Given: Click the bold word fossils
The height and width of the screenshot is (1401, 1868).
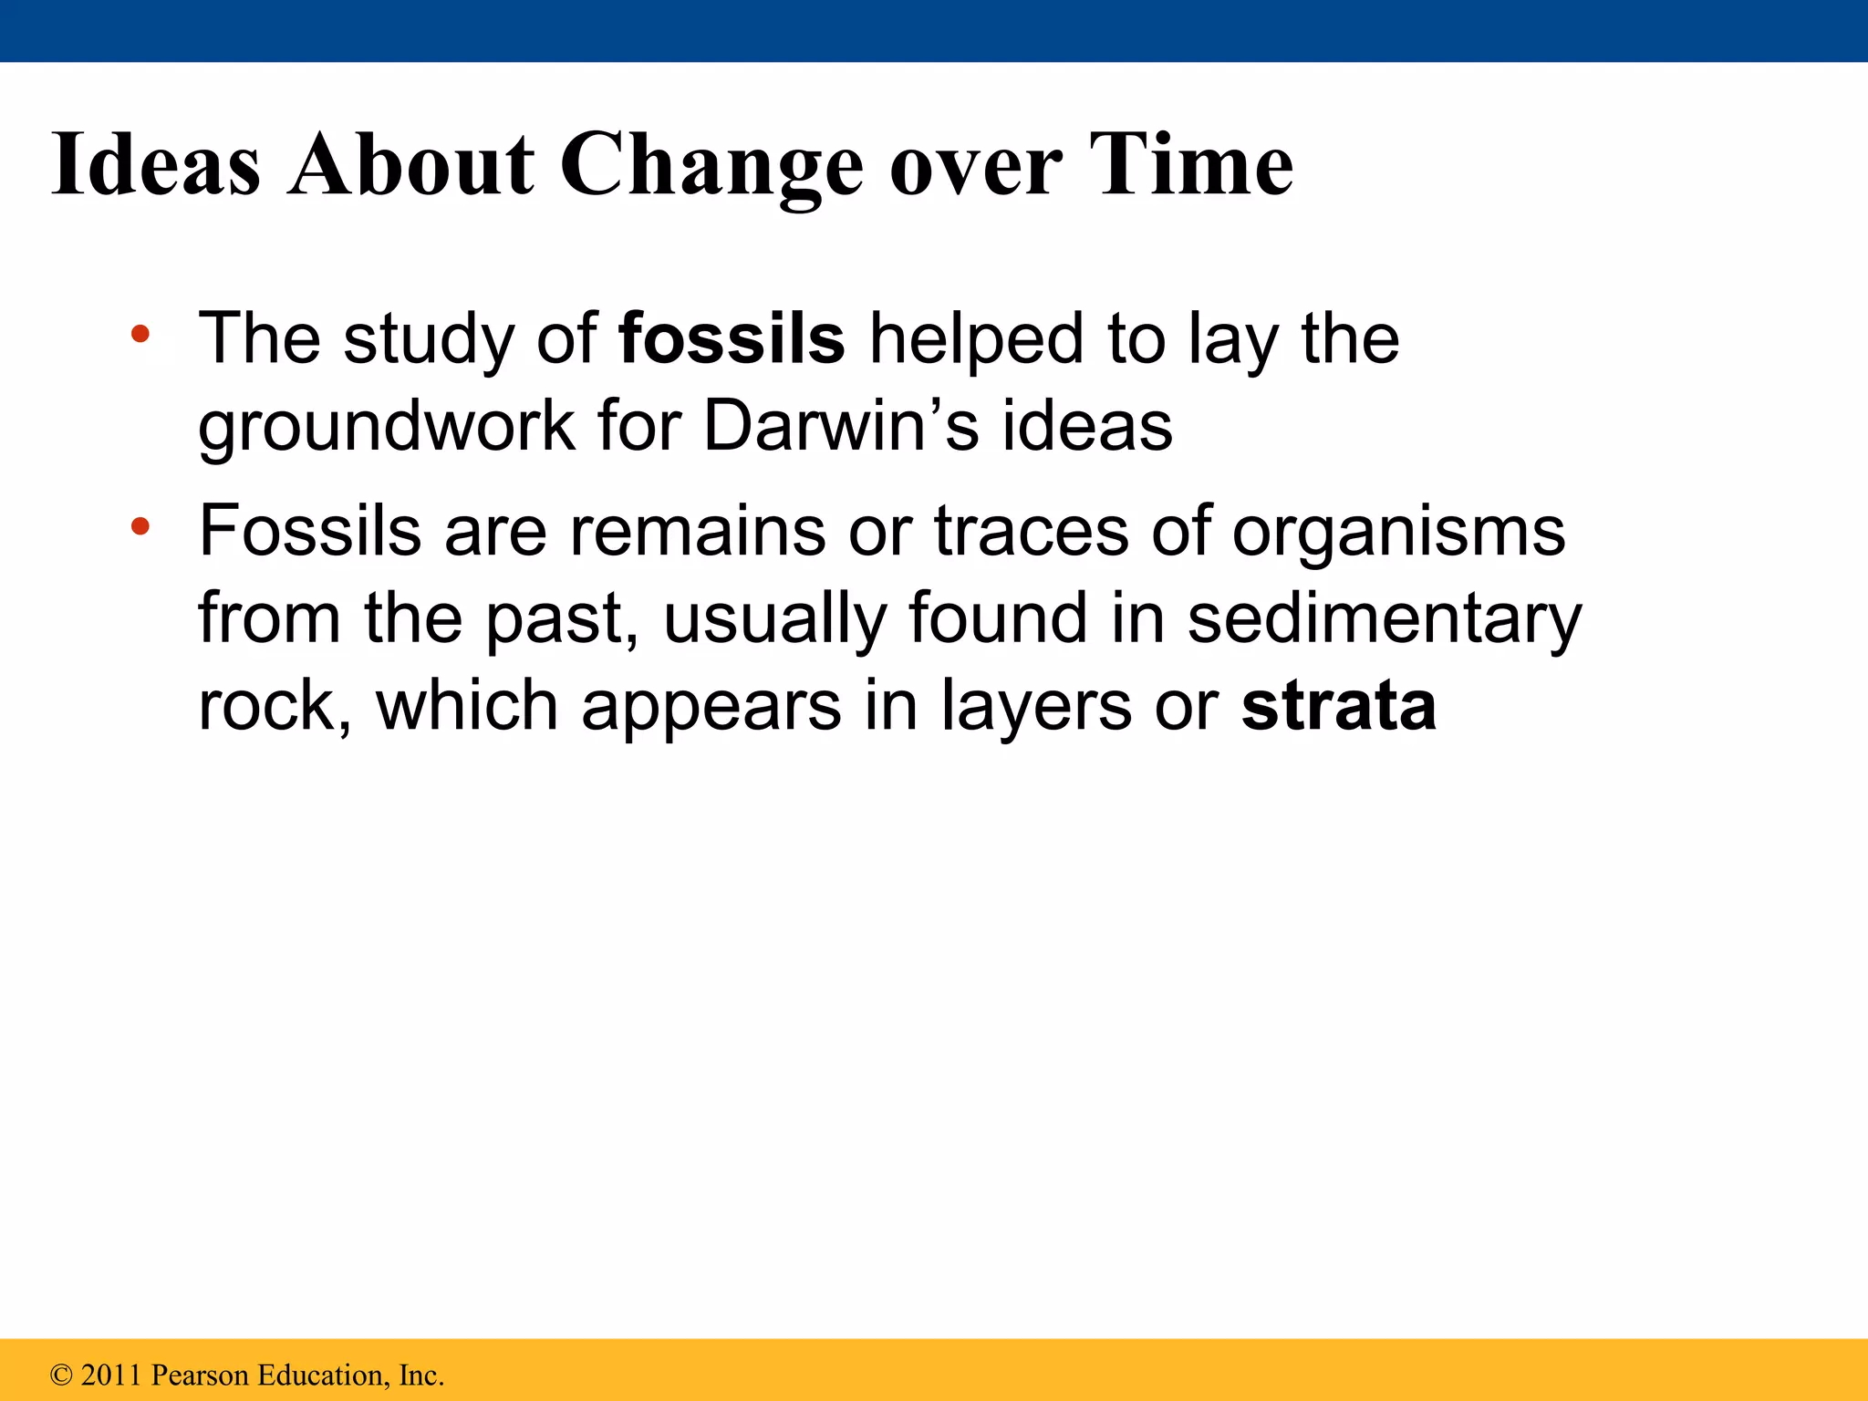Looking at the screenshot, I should [x=732, y=338].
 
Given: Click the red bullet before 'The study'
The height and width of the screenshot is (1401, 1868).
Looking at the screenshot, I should [x=140, y=334].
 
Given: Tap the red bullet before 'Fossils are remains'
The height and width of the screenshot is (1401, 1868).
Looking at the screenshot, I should [x=140, y=526].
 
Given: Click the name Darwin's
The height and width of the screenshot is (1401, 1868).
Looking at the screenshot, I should [x=841, y=426].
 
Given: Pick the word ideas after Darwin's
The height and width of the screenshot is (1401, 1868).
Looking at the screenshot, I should [x=1087, y=426].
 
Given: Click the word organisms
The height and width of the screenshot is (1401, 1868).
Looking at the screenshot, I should [x=1398, y=531].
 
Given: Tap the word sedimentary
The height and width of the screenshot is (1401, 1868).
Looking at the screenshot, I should [x=1385, y=618].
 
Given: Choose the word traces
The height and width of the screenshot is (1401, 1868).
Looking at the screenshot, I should [x=1031, y=531].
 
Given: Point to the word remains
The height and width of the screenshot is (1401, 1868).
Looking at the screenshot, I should [x=697, y=531].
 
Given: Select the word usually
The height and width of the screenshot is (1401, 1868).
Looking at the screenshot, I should [x=774, y=618].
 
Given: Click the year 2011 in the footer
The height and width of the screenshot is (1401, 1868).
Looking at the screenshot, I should [x=112, y=1375].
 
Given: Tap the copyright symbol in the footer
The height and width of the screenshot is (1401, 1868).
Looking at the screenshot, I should [x=61, y=1375].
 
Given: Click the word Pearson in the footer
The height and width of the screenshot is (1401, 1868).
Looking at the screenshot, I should [x=200, y=1375].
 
